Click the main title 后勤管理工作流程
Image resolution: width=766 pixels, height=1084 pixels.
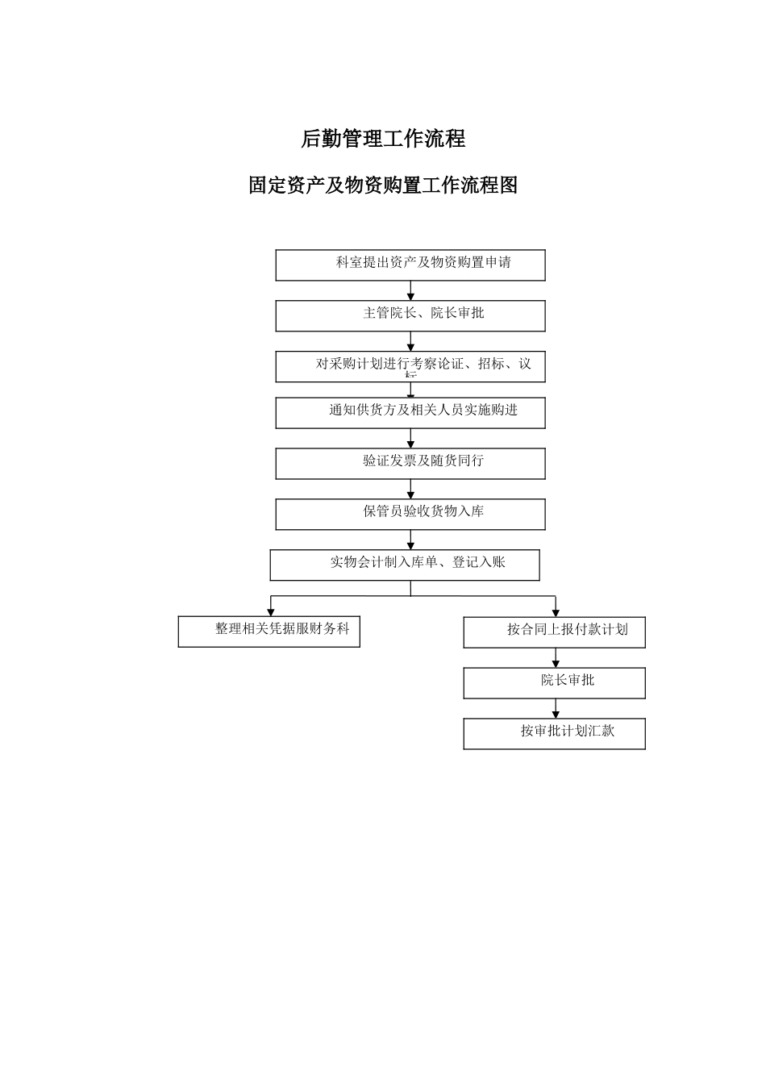pyautogui.click(x=383, y=139)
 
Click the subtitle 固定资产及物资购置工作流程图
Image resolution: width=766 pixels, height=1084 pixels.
pyautogui.click(x=383, y=186)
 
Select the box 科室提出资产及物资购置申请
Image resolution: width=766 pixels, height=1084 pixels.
pyautogui.click(x=410, y=265)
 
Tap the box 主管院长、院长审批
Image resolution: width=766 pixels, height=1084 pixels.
pyautogui.click(x=410, y=315)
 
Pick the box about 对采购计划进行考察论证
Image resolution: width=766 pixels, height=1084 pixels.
pyautogui.click(x=410, y=366)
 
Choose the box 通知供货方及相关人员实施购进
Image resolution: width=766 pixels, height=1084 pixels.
pyautogui.click(x=410, y=412)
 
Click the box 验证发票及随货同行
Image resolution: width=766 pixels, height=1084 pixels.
pyautogui.click(x=410, y=463)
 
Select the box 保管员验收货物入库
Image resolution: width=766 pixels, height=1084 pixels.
pyautogui.click(x=410, y=514)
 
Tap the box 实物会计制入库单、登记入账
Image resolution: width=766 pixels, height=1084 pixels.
pyautogui.click(x=405, y=565)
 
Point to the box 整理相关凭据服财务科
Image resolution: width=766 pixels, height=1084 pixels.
pyautogui.click(x=269, y=632)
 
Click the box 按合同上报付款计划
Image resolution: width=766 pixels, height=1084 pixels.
pyautogui.click(x=554, y=632)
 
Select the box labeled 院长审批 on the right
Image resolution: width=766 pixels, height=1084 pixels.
pyautogui.click(x=554, y=682)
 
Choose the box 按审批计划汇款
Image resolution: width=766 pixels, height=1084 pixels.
pyautogui.click(x=554, y=733)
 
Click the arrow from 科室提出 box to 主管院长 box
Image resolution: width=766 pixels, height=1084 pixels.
pyautogui.click(x=410, y=291)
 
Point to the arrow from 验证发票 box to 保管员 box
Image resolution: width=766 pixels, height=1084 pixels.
pyautogui.click(x=410, y=489)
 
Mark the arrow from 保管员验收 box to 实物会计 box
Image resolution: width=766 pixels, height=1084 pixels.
pyautogui.click(x=410, y=540)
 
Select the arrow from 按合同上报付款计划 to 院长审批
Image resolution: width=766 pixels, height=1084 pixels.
pyautogui.click(x=556, y=658)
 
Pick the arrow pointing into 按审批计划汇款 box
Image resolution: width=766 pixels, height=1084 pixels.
pyautogui.click(x=556, y=709)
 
